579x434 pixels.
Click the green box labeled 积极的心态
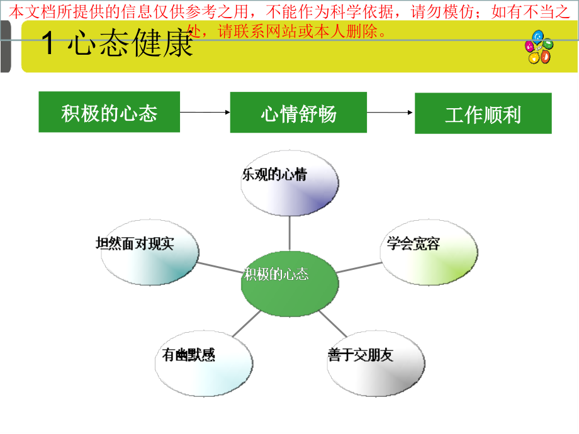point(110,113)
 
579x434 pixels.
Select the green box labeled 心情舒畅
point(298,113)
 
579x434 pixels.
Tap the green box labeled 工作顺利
point(483,114)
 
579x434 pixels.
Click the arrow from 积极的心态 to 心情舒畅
point(205,113)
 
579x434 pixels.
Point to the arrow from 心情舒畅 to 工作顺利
point(390,113)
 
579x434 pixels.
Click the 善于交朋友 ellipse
point(376,362)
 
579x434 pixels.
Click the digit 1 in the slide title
point(48,45)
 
